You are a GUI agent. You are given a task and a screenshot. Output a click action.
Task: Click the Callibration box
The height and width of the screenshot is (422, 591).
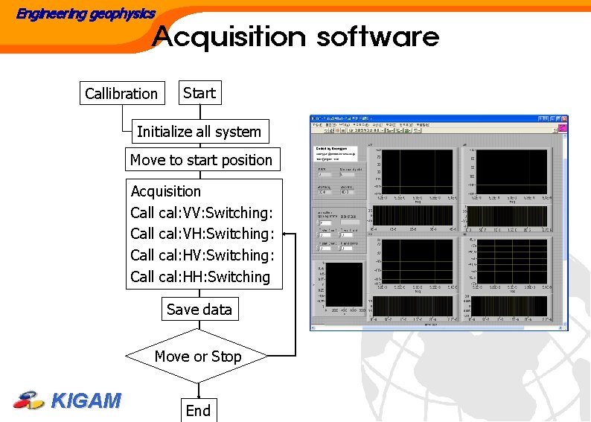[122, 94]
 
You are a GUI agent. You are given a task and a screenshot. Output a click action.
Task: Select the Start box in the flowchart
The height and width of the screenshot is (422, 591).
[199, 93]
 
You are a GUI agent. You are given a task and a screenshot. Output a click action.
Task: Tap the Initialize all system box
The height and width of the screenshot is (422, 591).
[199, 132]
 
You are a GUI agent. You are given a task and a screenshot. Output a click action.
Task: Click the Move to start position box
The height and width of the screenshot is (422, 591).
[201, 160]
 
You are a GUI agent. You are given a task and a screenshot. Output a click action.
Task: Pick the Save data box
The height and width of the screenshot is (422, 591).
[199, 310]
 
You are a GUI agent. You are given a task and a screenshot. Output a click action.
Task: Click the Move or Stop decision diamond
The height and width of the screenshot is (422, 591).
[198, 357]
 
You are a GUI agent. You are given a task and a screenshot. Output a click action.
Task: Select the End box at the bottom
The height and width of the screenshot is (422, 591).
[198, 411]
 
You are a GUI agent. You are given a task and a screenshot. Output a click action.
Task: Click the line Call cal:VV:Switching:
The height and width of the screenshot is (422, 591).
[202, 213]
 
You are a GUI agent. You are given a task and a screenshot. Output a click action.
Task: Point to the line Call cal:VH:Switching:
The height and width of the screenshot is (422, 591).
[202, 234]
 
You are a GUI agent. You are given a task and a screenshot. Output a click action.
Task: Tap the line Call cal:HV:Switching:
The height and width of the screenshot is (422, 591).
[202, 255]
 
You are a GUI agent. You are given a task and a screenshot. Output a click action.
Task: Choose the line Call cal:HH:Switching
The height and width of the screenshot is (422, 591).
[200, 277]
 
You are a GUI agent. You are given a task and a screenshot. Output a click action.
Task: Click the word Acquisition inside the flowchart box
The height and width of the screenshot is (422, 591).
[166, 191]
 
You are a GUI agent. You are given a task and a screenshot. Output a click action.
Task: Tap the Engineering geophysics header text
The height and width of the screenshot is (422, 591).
[86, 13]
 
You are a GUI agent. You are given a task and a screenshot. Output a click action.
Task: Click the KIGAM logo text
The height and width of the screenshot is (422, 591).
[86, 401]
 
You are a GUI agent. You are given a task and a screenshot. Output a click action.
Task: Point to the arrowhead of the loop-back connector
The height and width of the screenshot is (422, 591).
[286, 234]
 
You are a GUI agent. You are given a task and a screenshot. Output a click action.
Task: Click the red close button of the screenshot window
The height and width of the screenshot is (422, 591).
[563, 119]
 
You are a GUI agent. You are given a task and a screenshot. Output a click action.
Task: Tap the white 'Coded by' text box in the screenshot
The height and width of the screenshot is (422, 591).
[336, 153]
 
